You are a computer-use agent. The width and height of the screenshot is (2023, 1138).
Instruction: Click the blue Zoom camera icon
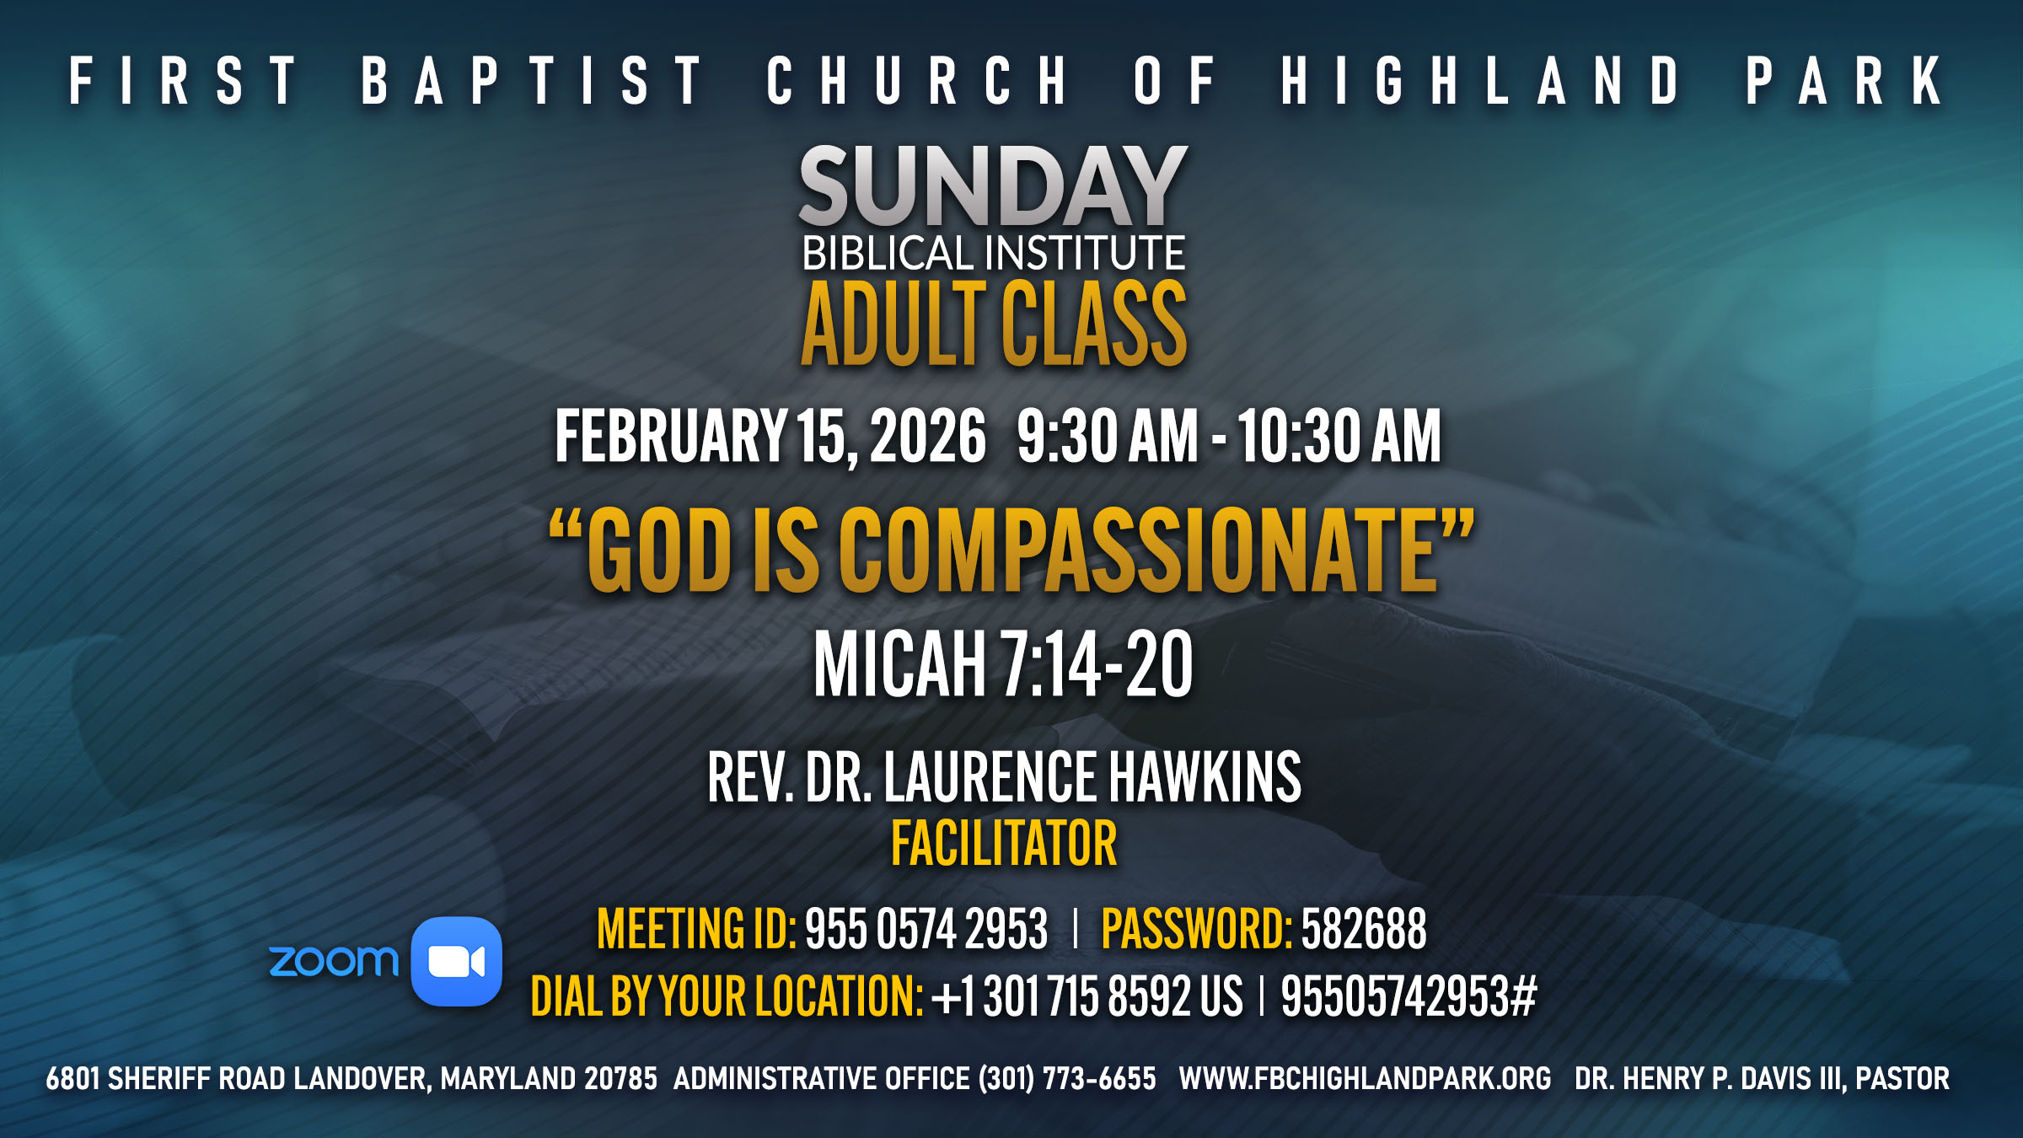tap(456, 961)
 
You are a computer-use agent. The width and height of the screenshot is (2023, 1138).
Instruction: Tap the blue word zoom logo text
tap(334, 962)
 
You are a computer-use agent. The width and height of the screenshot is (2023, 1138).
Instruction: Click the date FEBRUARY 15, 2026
tap(770, 436)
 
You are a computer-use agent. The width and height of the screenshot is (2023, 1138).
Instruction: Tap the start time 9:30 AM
tap(1107, 436)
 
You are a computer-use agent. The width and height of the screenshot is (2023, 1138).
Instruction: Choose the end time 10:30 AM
tap(1339, 436)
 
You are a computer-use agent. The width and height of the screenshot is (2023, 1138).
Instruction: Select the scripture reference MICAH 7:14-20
tap(1003, 664)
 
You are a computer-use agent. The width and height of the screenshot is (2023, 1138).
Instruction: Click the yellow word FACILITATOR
tap(1004, 844)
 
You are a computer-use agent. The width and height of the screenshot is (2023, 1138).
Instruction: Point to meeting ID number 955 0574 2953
tap(926, 929)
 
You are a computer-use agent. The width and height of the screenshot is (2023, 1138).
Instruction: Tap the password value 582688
tap(1364, 929)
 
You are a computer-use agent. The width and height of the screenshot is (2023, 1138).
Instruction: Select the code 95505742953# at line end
tap(1409, 996)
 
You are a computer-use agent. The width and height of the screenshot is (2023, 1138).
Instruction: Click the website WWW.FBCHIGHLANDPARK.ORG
tap(1365, 1079)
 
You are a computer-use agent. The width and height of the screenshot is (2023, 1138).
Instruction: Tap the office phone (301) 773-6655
tap(1067, 1079)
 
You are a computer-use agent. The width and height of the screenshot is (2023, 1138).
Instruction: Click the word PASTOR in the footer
tap(1902, 1079)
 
